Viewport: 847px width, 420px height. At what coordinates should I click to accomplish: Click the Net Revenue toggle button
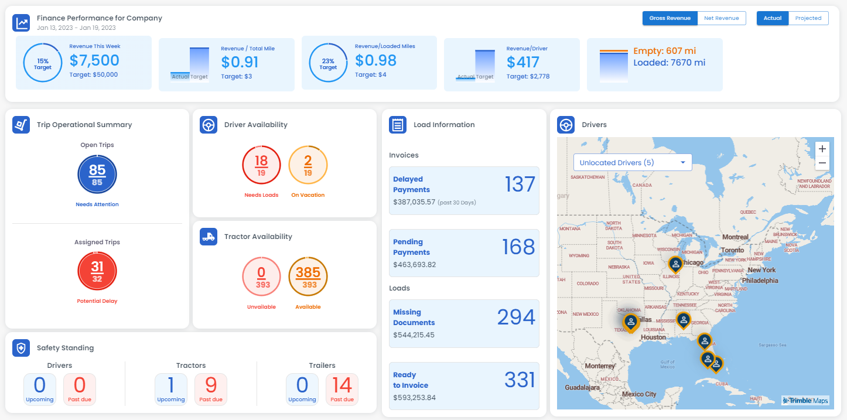click(721, 18)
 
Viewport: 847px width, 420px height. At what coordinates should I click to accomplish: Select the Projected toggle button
click(808, 18)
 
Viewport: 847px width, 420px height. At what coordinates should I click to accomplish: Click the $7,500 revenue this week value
click(94, 60)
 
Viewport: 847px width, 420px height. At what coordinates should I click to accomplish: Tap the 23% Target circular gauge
click(328, 64)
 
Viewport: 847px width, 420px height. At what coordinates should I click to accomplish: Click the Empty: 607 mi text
click(664, 51)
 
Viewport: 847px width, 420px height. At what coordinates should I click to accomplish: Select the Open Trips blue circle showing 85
click(97, 175)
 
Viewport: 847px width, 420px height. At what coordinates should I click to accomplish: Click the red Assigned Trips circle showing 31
click(97, 271)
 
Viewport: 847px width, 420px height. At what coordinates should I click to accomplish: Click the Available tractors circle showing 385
click(308, 278)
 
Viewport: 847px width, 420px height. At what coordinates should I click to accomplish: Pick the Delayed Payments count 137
click(520, 185)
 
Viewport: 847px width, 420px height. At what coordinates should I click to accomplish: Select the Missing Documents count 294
click(515, 317)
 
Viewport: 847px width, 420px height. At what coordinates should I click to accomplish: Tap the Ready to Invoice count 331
click(520, 380)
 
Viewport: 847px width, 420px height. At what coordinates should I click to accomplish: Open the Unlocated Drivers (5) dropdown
click(633, 162)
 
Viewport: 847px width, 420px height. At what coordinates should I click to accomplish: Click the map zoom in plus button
click(822, 148)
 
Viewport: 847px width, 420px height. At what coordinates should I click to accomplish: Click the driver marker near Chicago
click(675, 264)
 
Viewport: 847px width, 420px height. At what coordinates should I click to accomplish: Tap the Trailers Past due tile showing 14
click(342, 389)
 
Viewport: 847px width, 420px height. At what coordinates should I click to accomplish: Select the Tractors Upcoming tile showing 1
click(171, 389)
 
